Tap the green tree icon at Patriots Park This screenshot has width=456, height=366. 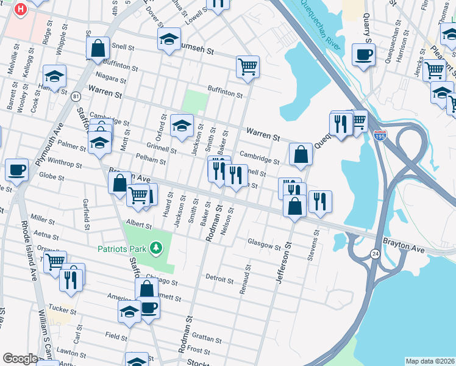[157, 248]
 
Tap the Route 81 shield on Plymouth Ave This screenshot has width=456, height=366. [75, 96]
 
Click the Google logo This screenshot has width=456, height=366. [20, 359]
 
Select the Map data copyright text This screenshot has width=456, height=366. [430, 361]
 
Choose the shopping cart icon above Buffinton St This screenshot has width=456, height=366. [248, 67]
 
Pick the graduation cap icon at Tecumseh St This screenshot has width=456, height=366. [169, 40]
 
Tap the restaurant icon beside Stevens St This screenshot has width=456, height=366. [320, 201]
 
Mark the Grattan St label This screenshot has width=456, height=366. [205, 337]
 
